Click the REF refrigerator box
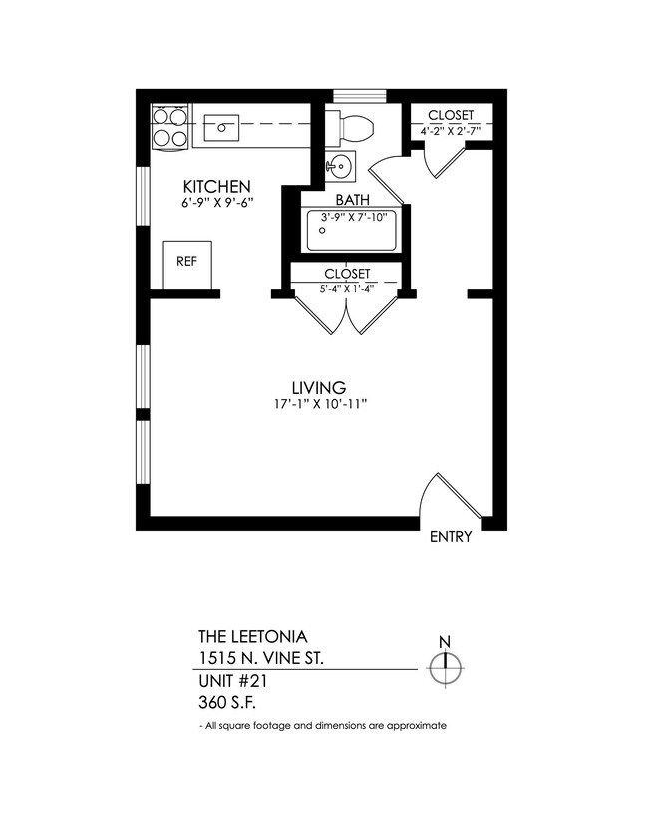coord(186,263)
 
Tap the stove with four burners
coord(169,128)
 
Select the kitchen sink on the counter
coord(222,128)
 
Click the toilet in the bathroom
coord(352,127)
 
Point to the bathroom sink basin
coord(339,166)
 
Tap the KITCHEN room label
coord(215,187)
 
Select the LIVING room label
coord(318,387)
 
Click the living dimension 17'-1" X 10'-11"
coord(318,404)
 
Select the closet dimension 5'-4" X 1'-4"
coord(347,290)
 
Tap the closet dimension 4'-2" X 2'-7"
coord(451,130)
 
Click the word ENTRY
coord(450,537)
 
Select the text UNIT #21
coord(233,681)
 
